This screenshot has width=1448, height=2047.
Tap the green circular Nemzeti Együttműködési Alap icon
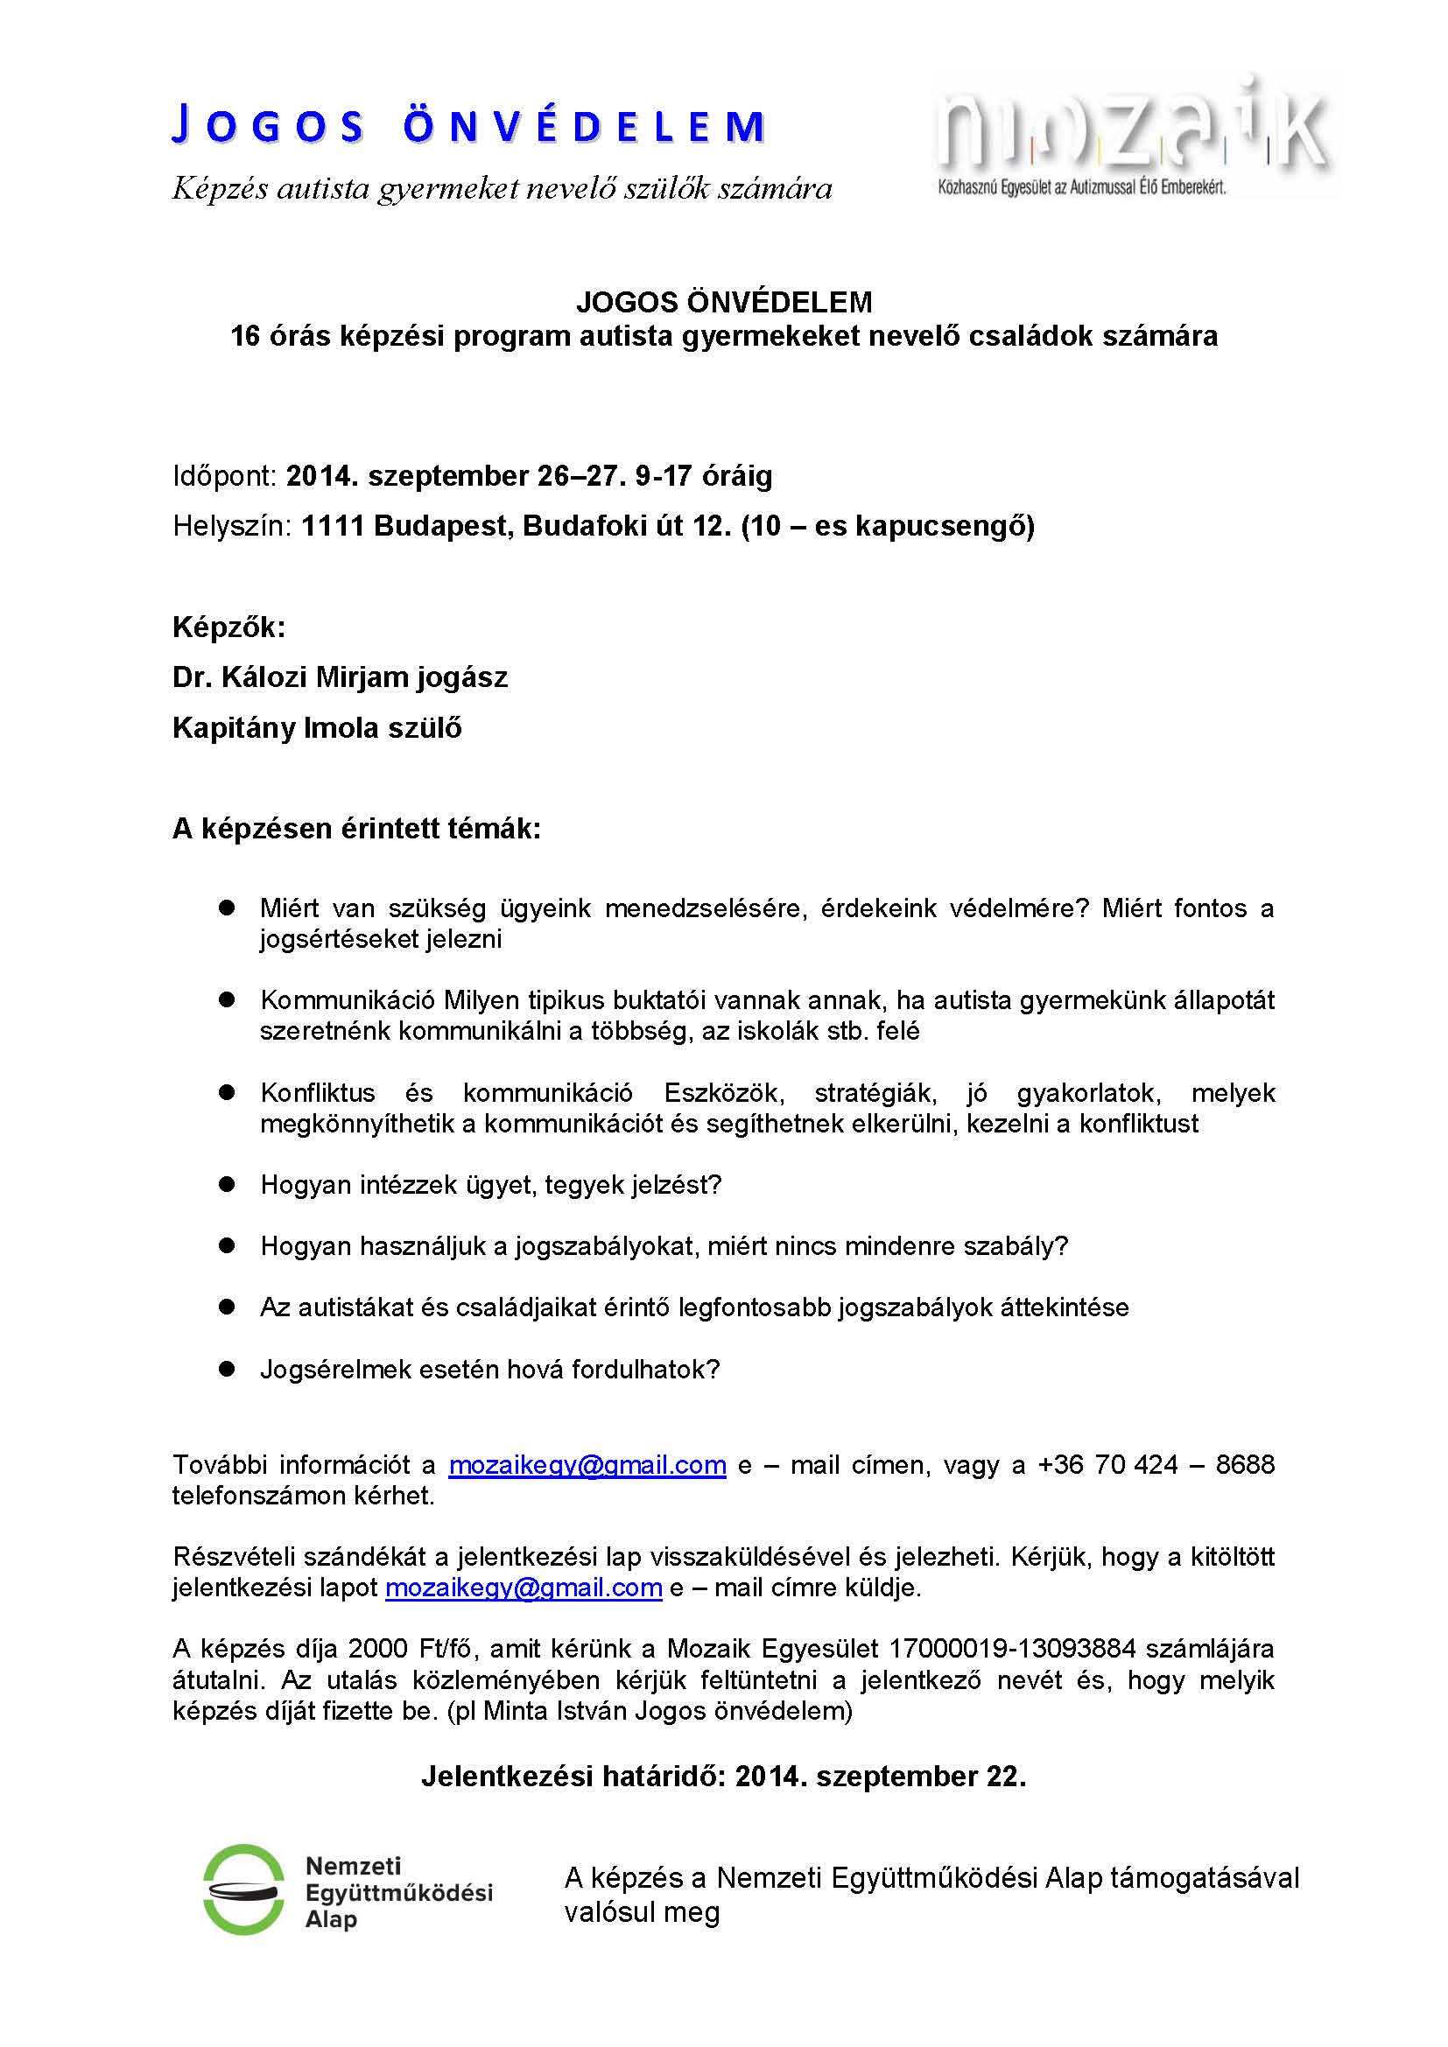tap(243, 1889)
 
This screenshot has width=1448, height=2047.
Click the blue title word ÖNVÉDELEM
tap(584, 127)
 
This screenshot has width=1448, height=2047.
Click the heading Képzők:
tap(229, 627)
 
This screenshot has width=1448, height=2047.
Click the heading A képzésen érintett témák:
tap(356, 828)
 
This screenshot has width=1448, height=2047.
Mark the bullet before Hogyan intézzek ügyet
tap(227, 1184)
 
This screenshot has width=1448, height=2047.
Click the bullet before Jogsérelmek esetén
tap(227, 1369)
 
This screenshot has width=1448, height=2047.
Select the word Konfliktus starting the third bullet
tap(318, 1092)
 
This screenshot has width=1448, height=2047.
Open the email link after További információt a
tap(587, 1465)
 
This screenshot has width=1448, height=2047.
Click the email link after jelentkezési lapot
tap(524, 1587)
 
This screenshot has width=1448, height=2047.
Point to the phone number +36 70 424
tap(1107, 1465)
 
